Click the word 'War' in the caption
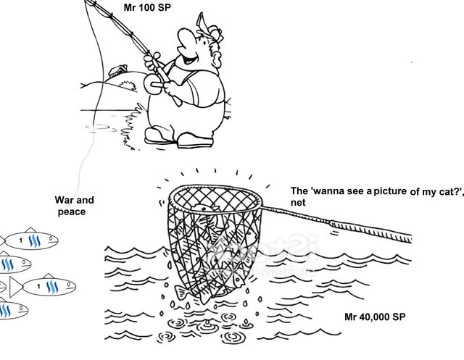pos(65,200)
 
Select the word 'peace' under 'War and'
pos(72,212)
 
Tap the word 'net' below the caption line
pos(298,204)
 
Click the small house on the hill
pos(115,72)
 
